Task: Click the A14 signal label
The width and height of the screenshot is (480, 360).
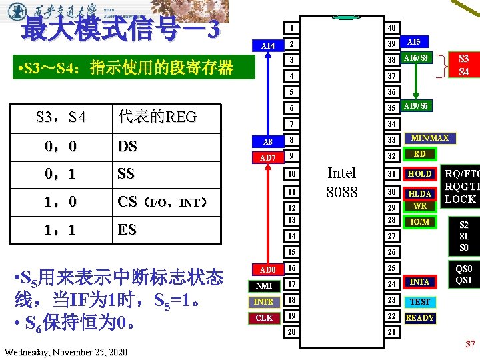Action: point(268,45)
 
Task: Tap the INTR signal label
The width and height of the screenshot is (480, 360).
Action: point(265,302)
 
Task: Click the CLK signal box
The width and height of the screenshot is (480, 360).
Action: point(265,318)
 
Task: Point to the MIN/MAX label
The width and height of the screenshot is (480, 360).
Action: point(430,139)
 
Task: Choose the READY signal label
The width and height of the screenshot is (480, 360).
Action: point(420,318)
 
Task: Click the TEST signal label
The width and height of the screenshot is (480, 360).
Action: point(420,302)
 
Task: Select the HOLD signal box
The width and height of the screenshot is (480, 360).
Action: point(420,174)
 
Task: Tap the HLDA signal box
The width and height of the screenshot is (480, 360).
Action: point(420,194)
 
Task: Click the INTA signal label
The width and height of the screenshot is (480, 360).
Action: point(420,282)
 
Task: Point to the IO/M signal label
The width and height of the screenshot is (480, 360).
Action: point(420,221)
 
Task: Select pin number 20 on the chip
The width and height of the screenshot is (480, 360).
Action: point(291,331)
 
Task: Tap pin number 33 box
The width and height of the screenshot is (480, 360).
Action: point(392,140)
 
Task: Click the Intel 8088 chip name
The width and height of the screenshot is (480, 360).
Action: point(341,181)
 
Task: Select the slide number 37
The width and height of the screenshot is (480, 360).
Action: point(469,344)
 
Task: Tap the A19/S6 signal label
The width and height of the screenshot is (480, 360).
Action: point(416,107)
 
